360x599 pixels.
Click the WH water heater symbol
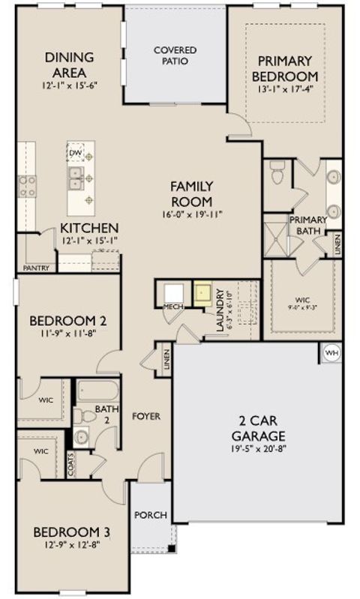click(x=331, y=352)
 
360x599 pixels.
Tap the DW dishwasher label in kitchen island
click(x=75, y=153)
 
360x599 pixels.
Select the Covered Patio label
click(x=175, y=55)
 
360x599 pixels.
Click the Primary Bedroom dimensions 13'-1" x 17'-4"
click(x=285, y=91)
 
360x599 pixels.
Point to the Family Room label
click(x=192, y=193)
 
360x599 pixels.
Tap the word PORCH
click(x=150, y=516)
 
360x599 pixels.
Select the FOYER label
click(x=147, y=416)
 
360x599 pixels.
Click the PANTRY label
click(x=36, y=267)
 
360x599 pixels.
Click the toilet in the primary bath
click(x=277, y=173)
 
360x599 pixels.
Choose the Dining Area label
click(x=69, y=64)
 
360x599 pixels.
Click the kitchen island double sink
click(x=75, y=178)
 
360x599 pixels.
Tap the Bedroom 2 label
click(x=67, y=321)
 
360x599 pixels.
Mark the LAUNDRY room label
click(x=220, y=307)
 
